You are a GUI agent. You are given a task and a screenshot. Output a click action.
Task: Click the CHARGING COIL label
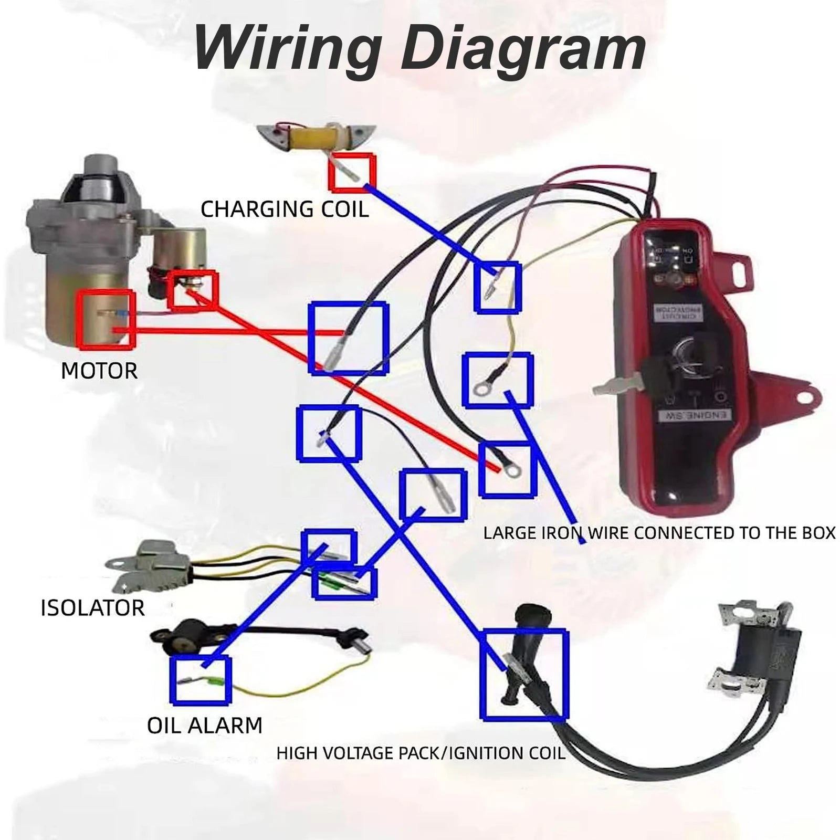pyautogui.click(x=285, y=209)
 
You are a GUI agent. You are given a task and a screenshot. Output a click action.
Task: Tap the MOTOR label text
pyautogui.click(x=99, y=371)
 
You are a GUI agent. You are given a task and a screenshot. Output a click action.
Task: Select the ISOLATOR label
pyautogui.click(x=92, y=607)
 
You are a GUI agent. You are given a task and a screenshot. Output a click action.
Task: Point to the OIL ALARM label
pyautogui.click(x=204, y=725)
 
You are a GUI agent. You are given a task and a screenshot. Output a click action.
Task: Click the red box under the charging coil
pyautogui.click(x=352, y=172)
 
